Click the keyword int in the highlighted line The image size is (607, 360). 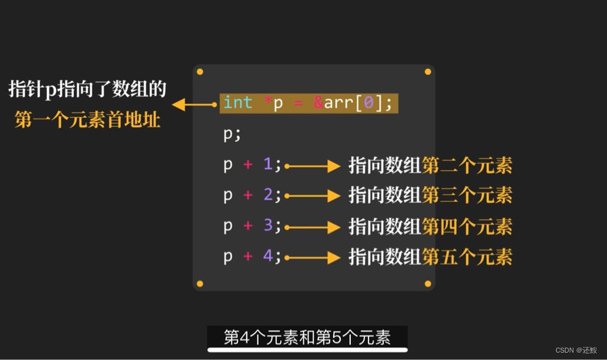pyautogui.click(x=238, y=103)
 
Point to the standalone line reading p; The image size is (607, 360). pyautogui.click(x=232, y=134)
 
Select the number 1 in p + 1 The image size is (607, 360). pyautogui.click(x=267, y=164)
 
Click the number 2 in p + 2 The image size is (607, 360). pyautogui.click(x=267, y=195)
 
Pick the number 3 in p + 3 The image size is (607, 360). pyautogui.click(x=267, y=226)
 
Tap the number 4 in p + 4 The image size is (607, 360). pyautogui.click(x=267, y=256)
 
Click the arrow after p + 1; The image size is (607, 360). pyautogui.click(x=312, y=165)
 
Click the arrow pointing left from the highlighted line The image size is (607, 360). pyautogui.click(x=194, y=105)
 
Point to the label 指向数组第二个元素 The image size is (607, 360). pyautogui.click(x=430, y=165)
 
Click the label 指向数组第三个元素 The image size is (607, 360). pyautogui.click(x=430, y=195)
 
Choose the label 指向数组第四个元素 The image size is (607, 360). pyautogui.click(x=430, y=226)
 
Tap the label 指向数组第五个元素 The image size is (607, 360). pyautogui.click(x=430, y=257)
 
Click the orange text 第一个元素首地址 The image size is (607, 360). pyautogui.click(x=87, y=120)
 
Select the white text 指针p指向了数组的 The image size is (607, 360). pyautogui.click(x=87, y=90)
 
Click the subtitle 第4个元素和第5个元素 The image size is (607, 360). pyautogui.click(x=307, y=337)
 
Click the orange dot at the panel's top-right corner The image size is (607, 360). pyautogui.click(x=428, y=72)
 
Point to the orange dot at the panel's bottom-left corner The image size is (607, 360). pyautogui.click(x=199, y=284)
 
